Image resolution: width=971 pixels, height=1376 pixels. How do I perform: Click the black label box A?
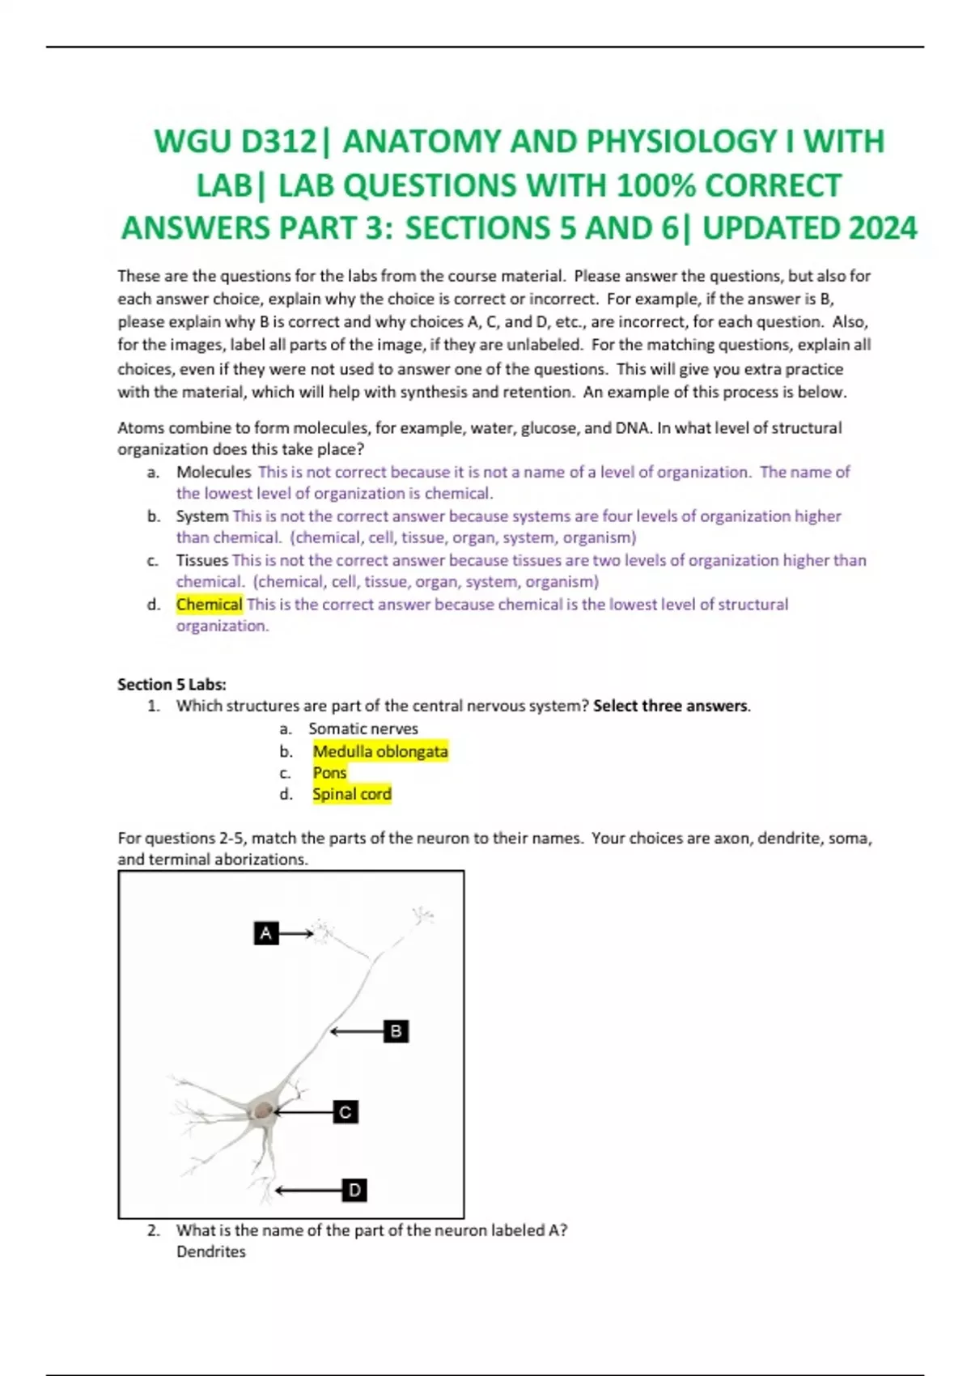click(x=265, y=933)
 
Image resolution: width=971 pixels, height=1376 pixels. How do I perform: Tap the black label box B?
click(x=396, y=1031)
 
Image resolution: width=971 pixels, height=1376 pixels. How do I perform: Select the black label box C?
click(x=346, y=1112)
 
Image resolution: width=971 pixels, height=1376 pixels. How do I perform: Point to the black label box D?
click(x=354, y=1190)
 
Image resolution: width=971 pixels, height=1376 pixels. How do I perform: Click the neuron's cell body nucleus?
click(x=263, y=1111)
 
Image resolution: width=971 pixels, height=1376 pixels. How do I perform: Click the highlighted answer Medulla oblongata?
click(x=379, y=751)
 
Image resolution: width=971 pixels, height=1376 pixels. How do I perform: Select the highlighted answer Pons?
click(x=329, y=773)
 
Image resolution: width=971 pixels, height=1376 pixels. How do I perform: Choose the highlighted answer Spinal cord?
click(x=351, y=794)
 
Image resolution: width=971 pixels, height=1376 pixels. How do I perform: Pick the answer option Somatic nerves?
click(x=363, y=728)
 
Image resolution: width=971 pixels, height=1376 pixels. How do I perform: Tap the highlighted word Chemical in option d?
click(x=209, y=604)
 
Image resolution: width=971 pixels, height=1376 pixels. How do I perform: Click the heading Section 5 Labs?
click(x=172, y=684)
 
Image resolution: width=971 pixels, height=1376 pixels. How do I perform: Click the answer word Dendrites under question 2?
click(x=210, y=1251)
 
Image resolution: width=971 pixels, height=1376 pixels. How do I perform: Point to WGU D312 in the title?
click(x=235, y=142)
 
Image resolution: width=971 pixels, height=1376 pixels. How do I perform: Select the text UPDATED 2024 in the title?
click(x=809, y=228)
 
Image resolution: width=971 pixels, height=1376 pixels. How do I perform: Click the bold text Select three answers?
click(x=671, y=706)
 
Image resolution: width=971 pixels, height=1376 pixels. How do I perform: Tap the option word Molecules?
click(x=214, y=472)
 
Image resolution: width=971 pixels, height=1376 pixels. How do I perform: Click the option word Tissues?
click(x=202, y=560)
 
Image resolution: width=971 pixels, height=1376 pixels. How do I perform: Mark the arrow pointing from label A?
click(x=296, y=933)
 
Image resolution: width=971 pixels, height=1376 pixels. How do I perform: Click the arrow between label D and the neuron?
click(x=309, y=1190)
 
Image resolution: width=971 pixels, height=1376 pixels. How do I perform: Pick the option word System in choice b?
click(x=202, y=516)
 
